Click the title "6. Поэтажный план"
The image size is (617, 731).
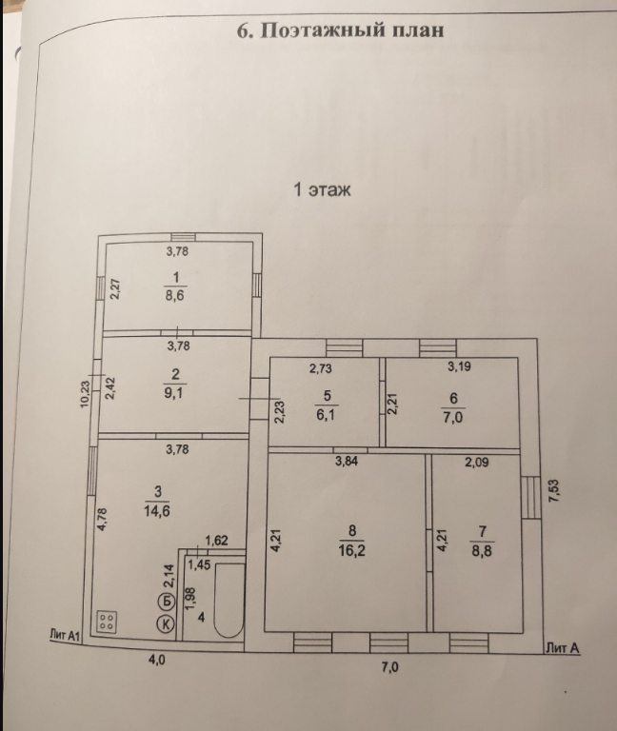340,30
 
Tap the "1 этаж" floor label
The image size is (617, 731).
322,190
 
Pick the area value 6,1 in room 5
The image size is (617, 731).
327,416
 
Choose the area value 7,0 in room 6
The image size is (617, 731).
453,416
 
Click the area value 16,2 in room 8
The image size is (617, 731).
351,549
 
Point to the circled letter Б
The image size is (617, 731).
166,601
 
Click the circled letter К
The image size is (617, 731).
166,624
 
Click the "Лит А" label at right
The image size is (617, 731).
563,646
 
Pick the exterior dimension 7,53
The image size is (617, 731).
553,491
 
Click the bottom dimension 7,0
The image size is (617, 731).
389,667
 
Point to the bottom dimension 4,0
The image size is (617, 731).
156,659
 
